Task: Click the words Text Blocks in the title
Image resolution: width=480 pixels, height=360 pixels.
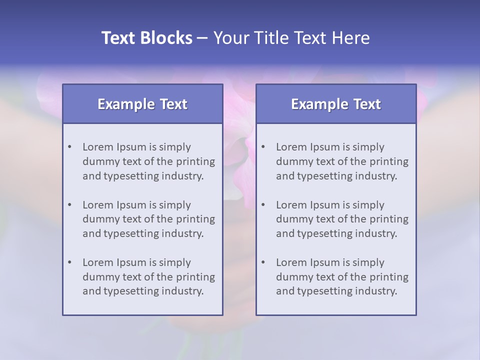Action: pyautogui.click(x=146, y=38)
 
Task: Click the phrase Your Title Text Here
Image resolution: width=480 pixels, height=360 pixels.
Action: pyautogui.click(x=291, y=38)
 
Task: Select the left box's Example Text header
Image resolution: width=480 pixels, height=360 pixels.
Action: pyautogui.click(x=142, y=104)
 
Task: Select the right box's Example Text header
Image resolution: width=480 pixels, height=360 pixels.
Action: pyautogui.click(x=336, y=104)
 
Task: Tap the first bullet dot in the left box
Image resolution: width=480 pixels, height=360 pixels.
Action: pyautogui.click(x=69, y=147)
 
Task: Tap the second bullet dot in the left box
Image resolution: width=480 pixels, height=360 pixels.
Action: pyautogui.click(x=69, y=205)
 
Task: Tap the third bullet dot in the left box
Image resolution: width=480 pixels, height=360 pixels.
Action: pyautogui.click(x=69, y=262)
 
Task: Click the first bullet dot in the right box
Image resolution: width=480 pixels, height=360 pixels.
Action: pyautogui.click(x=263, y=147)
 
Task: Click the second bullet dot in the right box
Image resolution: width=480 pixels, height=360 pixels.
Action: pyautogui.click(x=263, y=205)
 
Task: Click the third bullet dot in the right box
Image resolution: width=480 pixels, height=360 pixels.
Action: pyautogui.click(x=263, y=262)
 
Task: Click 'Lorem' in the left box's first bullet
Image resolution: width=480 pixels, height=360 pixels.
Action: pyautogui.click(x=98, y=147)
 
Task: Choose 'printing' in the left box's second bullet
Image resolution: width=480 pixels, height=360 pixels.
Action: pyautogui.click(x=195, y=219)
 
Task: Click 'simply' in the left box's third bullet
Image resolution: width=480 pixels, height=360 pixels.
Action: pyautogui.click(x=175, y=262)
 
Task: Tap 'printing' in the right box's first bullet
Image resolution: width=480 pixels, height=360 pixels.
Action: pyautogui.click(x=389, y=161)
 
